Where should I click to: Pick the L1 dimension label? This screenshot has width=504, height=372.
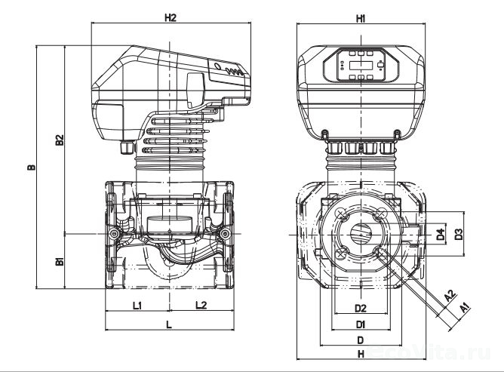click(x=138, y=305)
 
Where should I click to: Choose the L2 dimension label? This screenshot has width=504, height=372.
click(x=201, y=305)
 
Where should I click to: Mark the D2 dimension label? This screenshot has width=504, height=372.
click(x=360, y=309)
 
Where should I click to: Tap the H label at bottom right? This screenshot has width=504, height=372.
click(x=360, y=353)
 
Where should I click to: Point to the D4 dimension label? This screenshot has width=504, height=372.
click(x=440, y=235)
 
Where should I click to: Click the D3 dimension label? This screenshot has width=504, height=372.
click(x=459, y=235)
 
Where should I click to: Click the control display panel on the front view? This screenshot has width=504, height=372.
click(x=359, y=66)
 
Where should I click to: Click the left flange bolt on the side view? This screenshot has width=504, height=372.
click(x=114, y=236)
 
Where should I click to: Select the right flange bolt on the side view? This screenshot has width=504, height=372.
click(x=224, y=236)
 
